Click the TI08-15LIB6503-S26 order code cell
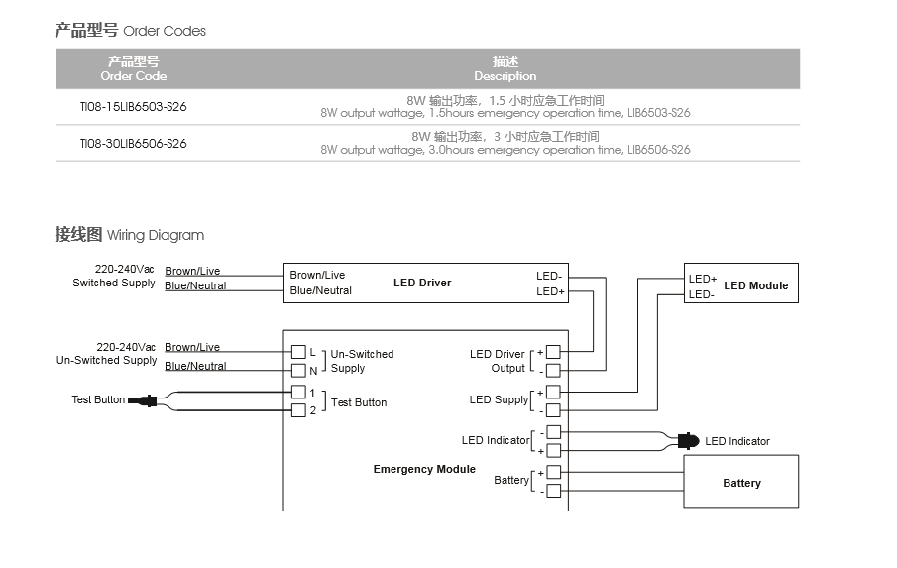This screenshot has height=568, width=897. click(133, 107)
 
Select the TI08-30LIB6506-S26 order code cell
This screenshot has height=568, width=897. click(133, 144)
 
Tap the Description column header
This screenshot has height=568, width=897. click(505, 68)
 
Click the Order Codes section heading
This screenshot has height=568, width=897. click(131, 31)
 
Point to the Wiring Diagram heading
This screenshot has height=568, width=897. click(129, 235)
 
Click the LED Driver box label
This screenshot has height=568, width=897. click(422, 283)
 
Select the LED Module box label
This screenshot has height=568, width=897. click(755, 285)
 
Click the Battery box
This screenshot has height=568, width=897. click(741, 482)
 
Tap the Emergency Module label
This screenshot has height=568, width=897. click(424, 469)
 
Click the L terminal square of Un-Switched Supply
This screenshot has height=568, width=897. click(298, 352)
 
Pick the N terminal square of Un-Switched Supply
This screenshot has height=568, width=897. click(298, 371)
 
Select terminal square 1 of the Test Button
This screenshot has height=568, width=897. click(298, 392)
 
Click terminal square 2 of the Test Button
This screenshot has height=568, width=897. click(298, 410)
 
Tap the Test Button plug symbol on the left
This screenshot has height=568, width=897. click(145, 400)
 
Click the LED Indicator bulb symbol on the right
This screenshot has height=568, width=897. click(687, 441)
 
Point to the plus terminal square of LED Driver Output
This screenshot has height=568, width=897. click(553, 352)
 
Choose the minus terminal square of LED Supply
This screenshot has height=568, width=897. click(553, 410)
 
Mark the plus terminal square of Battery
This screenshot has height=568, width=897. click(553, 472)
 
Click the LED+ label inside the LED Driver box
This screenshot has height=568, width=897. click(550, 291)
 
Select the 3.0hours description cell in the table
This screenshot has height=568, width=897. click(505, 144)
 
